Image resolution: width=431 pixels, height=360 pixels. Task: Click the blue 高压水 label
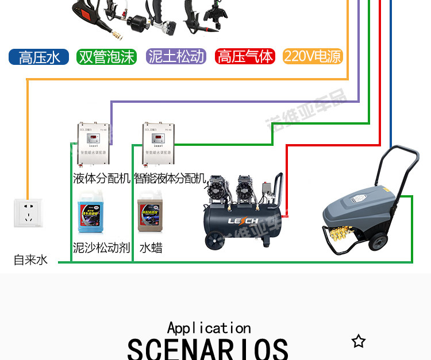(39, 57)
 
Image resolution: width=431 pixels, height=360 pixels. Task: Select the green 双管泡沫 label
(107, 57)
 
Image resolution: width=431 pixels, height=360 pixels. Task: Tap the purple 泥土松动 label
(176, 56)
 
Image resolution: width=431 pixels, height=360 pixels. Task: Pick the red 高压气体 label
(245, 57)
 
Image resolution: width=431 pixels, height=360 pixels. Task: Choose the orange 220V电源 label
(313, 56)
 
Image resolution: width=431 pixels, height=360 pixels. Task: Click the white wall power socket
(28, 212)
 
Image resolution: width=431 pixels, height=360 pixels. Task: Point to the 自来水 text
(30, 260)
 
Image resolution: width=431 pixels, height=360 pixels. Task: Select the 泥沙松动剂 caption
(101, 248)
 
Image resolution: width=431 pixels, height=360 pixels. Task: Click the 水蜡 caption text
(150, 248)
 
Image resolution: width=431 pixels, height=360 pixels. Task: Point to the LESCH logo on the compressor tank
(244, 221)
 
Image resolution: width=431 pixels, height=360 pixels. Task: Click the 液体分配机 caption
(101, 178)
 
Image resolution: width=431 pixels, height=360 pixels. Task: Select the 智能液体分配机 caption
(170, 178)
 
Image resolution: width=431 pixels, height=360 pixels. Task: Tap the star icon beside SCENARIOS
(359, 342)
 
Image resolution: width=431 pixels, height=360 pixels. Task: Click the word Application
(209, 328)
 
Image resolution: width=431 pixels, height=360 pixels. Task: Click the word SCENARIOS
(207, 349)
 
